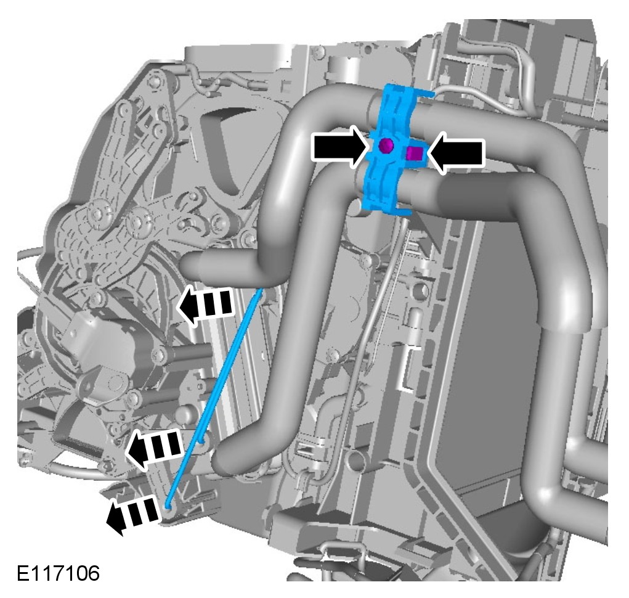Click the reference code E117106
pos(58,573)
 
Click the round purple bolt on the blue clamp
pos(386,145)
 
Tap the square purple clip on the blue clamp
pos(414,153)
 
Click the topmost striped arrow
pos(205,305)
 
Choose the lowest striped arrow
pos(133,514)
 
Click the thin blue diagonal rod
pos(215,397)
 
